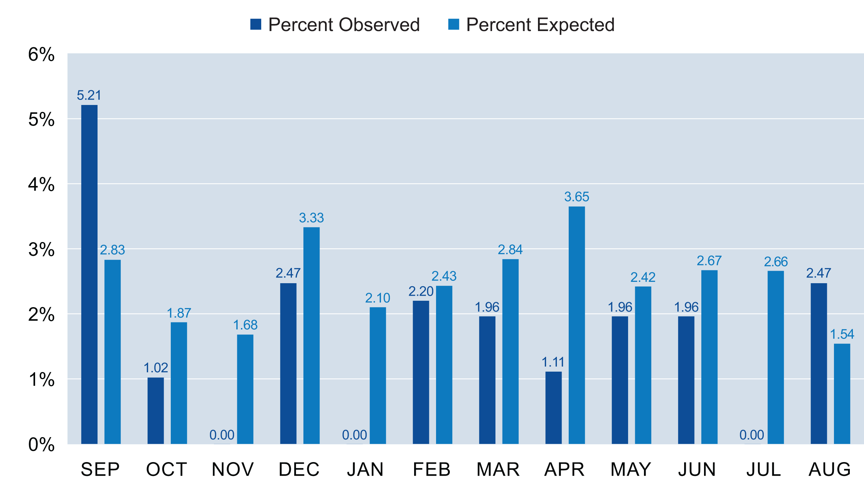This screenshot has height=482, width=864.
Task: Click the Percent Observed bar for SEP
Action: (x=89, y=274)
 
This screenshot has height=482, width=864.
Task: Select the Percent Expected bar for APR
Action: (x=576, y=325)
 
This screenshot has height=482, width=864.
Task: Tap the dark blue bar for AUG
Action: (x=819, y=363)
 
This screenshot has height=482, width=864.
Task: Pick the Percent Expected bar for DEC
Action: (x=311, y=336)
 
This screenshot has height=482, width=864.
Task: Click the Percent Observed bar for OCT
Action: (x=156, y=410)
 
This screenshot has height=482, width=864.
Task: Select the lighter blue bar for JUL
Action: (x=776, y=357)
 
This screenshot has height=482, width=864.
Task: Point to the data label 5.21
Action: (x=89, y=96)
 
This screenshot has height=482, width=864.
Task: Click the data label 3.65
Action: (x=576, y=197)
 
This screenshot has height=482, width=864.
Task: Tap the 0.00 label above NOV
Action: (x=222, y=435)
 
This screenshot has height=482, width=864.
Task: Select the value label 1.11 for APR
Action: (x=553, y=363)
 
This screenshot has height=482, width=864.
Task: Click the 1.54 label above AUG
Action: (x=842, y=334)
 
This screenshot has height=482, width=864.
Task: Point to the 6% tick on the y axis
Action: (x=41, y=54)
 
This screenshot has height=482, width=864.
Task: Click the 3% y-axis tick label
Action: (x=41, y=250)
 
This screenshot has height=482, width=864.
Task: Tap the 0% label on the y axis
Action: (x=41, y=445)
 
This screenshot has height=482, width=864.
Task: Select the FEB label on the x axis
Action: (x=432, y=469)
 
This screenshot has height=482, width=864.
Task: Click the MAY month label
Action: (x=631, y=469)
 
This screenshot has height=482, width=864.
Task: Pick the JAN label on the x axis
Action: (x=366, y=469)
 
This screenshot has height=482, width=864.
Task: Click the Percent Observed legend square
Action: (x=255, y=25)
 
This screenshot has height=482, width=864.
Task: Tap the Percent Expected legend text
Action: (x=540, y=25)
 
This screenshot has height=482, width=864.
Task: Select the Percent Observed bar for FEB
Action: (x=421, y=372)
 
